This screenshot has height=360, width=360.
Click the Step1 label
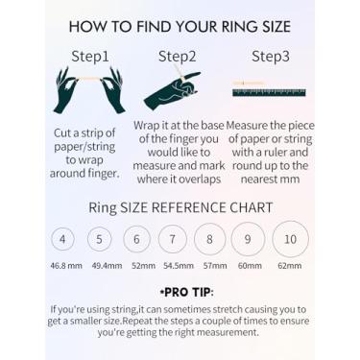click(90, 57)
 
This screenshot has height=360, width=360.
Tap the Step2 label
click(177, 57)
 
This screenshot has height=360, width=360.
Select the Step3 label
click(271, 57)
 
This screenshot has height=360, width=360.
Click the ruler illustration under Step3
click(269, 93)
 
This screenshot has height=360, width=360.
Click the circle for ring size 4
click(52, 239)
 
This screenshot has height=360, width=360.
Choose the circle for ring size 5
click(87, 239)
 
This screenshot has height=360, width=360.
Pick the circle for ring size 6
click(123, 239)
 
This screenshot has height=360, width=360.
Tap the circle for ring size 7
click(158, 239)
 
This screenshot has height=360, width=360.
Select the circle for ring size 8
click(194, 239)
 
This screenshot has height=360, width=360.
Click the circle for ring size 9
click(231, 239)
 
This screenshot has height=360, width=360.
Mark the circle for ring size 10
click(273, 239)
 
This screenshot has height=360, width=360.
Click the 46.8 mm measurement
click(66, 266)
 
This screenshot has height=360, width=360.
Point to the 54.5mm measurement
click(179, 266)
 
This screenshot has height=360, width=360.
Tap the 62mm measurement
click(290, 266)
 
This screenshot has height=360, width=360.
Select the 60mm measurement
click(250, 266)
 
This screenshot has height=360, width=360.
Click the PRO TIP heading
click(187, 292)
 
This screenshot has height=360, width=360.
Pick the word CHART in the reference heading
click(252, 207)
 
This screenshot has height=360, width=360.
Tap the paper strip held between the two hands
click(90, 79)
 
